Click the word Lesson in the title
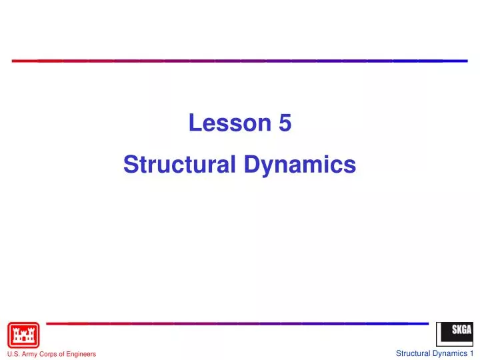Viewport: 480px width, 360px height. [x=227, y=123]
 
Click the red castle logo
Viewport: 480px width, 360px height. [x=23, y=335]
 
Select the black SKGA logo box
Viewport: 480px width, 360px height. [x=454, y=334]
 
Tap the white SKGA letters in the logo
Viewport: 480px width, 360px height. [x=461, y=330]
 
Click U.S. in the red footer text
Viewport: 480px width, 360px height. [x=13, y=354]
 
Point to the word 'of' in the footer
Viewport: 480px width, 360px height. [x=65, y=354]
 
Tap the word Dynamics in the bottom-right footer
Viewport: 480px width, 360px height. [x=450, y=353]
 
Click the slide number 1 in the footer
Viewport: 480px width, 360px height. [x=471, y=353]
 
